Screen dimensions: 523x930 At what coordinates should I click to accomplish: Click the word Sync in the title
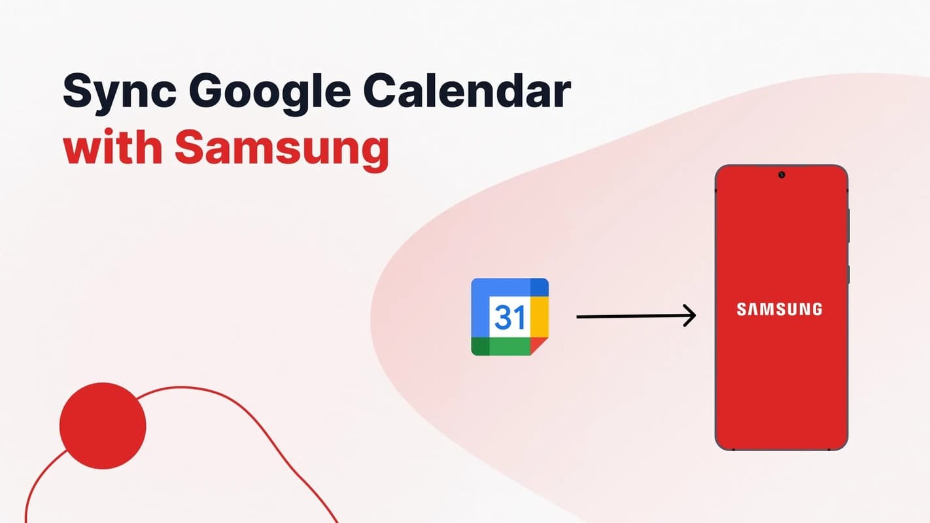click(118, 92)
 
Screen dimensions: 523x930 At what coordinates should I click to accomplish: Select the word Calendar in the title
click(466, 92)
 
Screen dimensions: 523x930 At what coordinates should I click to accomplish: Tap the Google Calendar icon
click(509, 317)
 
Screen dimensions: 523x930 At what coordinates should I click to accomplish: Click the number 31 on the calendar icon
click(509, 317)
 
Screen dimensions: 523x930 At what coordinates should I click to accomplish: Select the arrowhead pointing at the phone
click(689, 316)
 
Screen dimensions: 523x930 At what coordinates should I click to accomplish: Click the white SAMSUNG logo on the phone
click(780, 309)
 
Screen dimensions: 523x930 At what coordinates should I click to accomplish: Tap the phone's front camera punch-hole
click(782, 175)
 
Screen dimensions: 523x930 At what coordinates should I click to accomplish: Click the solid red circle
click(103, 426)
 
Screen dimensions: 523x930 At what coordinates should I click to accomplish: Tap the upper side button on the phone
click(849, 226)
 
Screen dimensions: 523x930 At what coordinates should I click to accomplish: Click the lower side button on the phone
click(849, 274)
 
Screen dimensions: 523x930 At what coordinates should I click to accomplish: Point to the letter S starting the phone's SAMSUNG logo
click(742, 309)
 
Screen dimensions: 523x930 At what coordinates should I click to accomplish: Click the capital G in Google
click(207, 92)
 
